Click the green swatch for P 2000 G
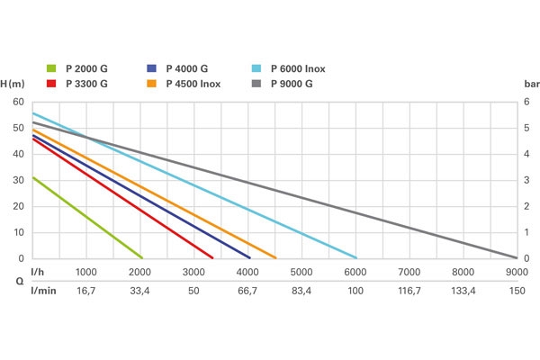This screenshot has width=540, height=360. (51, 67)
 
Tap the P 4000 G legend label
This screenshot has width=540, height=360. (187, 67)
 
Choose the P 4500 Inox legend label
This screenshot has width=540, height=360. (193, 84)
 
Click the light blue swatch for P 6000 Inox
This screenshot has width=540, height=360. (256, 67)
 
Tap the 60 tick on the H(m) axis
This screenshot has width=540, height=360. (19, 102)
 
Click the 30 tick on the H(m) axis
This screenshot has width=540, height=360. (19, 180)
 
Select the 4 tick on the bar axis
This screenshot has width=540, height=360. (526, 154)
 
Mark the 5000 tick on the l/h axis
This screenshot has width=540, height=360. (301, 272)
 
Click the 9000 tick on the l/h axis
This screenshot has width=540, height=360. (516, 272)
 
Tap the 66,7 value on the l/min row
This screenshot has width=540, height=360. (247, 292)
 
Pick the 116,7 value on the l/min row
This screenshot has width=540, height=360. (409, 292)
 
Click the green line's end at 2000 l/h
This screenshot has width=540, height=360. (141, 258)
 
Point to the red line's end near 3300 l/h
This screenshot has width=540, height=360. (212, 258)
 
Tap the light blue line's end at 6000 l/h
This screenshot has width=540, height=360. (356, 258)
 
